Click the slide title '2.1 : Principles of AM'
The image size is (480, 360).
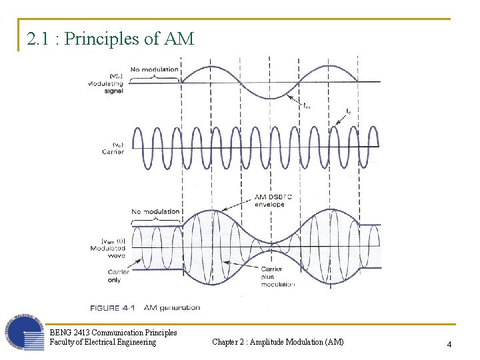(111, 39)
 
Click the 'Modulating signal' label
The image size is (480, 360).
(105, 87)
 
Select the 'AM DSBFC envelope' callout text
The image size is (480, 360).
(269, 201)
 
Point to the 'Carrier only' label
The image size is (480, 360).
(110, 275)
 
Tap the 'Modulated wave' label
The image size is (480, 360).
(108, 252)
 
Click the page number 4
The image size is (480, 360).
(449, 344)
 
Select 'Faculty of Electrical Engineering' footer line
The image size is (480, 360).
(103, 342)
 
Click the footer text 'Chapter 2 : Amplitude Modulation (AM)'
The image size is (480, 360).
(278, 342)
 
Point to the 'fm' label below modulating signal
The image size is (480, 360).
(306, 105)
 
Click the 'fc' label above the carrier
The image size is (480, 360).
(348, 111)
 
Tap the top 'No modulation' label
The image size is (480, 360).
(154, 69)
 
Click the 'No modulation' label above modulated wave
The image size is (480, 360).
(155, 212)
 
